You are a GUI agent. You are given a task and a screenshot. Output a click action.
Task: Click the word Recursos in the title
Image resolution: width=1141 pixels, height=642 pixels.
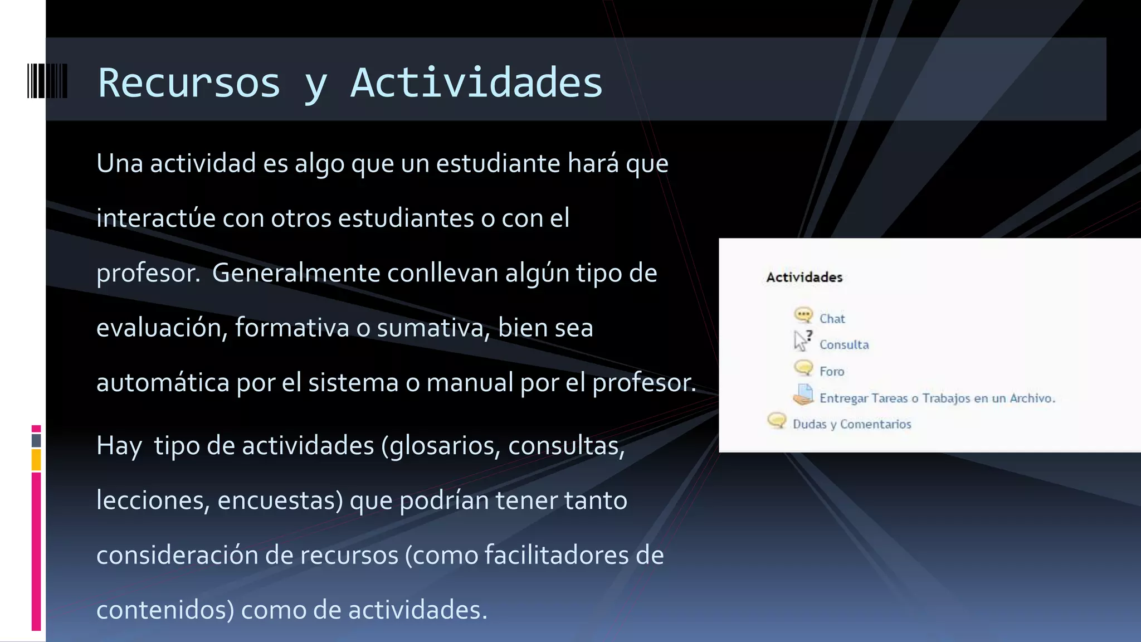pos(189,82)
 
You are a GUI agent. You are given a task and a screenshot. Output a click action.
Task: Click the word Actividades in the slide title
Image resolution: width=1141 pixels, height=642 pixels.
pos(476,82)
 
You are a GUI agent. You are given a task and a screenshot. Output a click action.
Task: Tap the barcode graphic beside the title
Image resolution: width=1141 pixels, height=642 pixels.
pos(47,81)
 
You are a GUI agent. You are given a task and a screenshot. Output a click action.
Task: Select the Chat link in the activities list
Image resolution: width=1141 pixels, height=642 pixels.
pos(832,319)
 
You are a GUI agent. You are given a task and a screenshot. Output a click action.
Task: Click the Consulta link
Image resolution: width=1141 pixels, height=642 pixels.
pos(843,345)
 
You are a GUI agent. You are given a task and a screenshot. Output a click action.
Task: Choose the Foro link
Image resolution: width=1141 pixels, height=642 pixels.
pos(832,372)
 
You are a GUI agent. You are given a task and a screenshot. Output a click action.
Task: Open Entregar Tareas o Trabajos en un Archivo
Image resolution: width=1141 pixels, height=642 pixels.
pos(937,398)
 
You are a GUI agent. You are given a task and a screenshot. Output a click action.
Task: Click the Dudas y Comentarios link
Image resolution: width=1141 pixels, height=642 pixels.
pos(852,425)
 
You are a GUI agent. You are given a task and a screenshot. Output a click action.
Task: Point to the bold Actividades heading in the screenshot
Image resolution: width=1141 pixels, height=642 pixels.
pos(804,278)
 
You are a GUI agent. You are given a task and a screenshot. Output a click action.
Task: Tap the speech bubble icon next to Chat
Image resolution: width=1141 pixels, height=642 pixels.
pos(803,315)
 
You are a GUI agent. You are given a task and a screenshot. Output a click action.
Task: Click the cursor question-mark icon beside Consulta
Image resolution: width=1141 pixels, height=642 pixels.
pos(802,341)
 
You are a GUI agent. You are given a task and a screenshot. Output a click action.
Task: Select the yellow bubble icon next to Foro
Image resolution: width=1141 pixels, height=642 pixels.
pos(803,368)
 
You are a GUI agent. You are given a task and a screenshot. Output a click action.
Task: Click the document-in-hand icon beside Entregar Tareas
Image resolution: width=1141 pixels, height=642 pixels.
pos(803,395)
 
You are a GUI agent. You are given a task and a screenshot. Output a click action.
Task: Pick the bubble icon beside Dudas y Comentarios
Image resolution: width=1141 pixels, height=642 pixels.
pos(777,420)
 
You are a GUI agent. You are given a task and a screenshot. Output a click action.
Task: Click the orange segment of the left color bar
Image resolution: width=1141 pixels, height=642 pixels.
pos(36,460)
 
